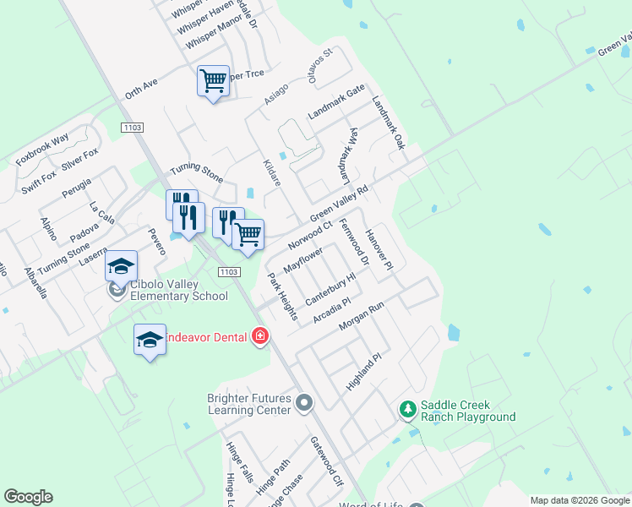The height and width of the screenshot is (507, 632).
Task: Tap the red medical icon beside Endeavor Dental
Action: [260, 337]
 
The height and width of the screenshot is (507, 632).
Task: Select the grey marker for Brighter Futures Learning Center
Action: [305, 404]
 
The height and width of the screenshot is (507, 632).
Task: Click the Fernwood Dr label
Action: [354, 243]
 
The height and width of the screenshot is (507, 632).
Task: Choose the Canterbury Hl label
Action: [331, 288]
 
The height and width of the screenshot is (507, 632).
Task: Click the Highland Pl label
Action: [364, 372]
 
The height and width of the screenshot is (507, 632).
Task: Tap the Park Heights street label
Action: [282, 297]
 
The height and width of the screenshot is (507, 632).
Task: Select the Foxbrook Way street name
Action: [42, 150]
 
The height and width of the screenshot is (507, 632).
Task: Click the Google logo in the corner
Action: [28, 497]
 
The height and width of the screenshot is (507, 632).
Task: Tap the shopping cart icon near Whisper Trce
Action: [213, 81]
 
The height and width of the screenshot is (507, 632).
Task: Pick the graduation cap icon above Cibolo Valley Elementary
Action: [121, 265]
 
